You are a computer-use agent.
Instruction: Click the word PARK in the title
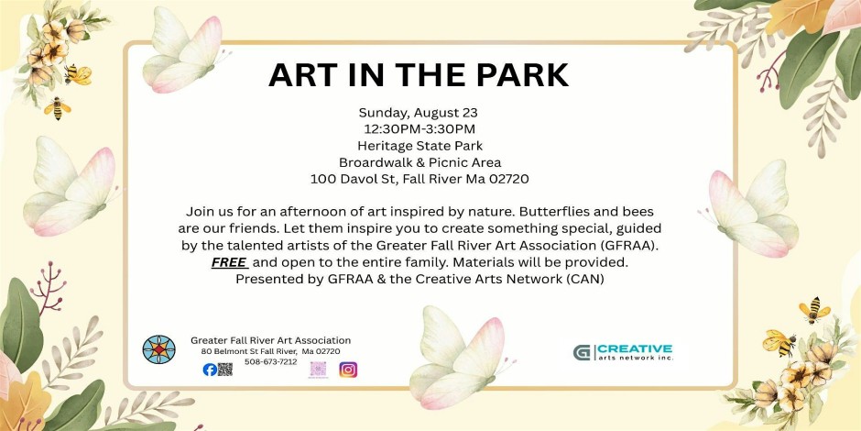[518, 75]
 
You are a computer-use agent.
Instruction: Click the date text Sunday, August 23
[419, 113]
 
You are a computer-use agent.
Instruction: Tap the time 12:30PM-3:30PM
[419, 129]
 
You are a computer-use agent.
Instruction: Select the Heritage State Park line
[420, 146]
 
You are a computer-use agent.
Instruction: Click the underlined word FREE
[229, 262]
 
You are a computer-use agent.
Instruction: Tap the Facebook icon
[209, 370]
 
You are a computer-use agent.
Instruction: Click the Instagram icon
[348, 370]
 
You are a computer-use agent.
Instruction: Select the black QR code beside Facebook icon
[225, 370]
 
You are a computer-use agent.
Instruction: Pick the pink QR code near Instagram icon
[319, 369]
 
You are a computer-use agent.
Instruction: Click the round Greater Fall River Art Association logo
[158, 349]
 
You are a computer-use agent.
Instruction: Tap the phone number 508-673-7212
[271, 361]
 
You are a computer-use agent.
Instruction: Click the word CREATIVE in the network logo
[635, 348]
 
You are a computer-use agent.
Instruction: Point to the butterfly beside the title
[183, 50]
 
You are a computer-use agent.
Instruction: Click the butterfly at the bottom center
[459, 358]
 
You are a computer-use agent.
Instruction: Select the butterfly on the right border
[752, 209]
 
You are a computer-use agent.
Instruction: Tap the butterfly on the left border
[71, 187]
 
